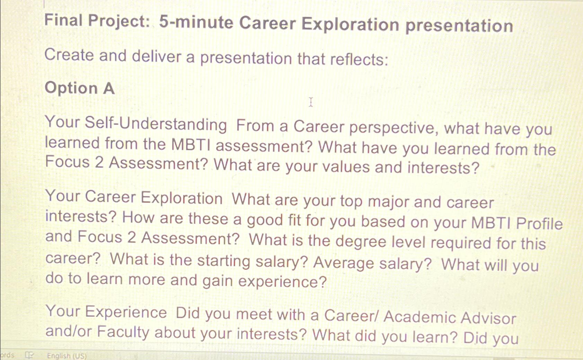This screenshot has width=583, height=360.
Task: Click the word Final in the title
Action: point(63,20)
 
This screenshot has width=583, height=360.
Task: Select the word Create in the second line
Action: point(69,55)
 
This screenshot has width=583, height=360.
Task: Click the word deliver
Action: point(157,56)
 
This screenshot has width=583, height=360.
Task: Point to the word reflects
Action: point(359,59)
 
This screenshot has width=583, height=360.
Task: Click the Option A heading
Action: point(79,88)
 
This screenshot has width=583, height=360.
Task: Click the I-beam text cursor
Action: point(311,102)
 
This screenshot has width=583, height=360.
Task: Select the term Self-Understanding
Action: point(156,124)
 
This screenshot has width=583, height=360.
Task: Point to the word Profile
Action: point(539,223)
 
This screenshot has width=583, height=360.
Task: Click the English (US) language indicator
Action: point(67,355)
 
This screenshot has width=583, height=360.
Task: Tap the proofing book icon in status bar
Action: point(29,355)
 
